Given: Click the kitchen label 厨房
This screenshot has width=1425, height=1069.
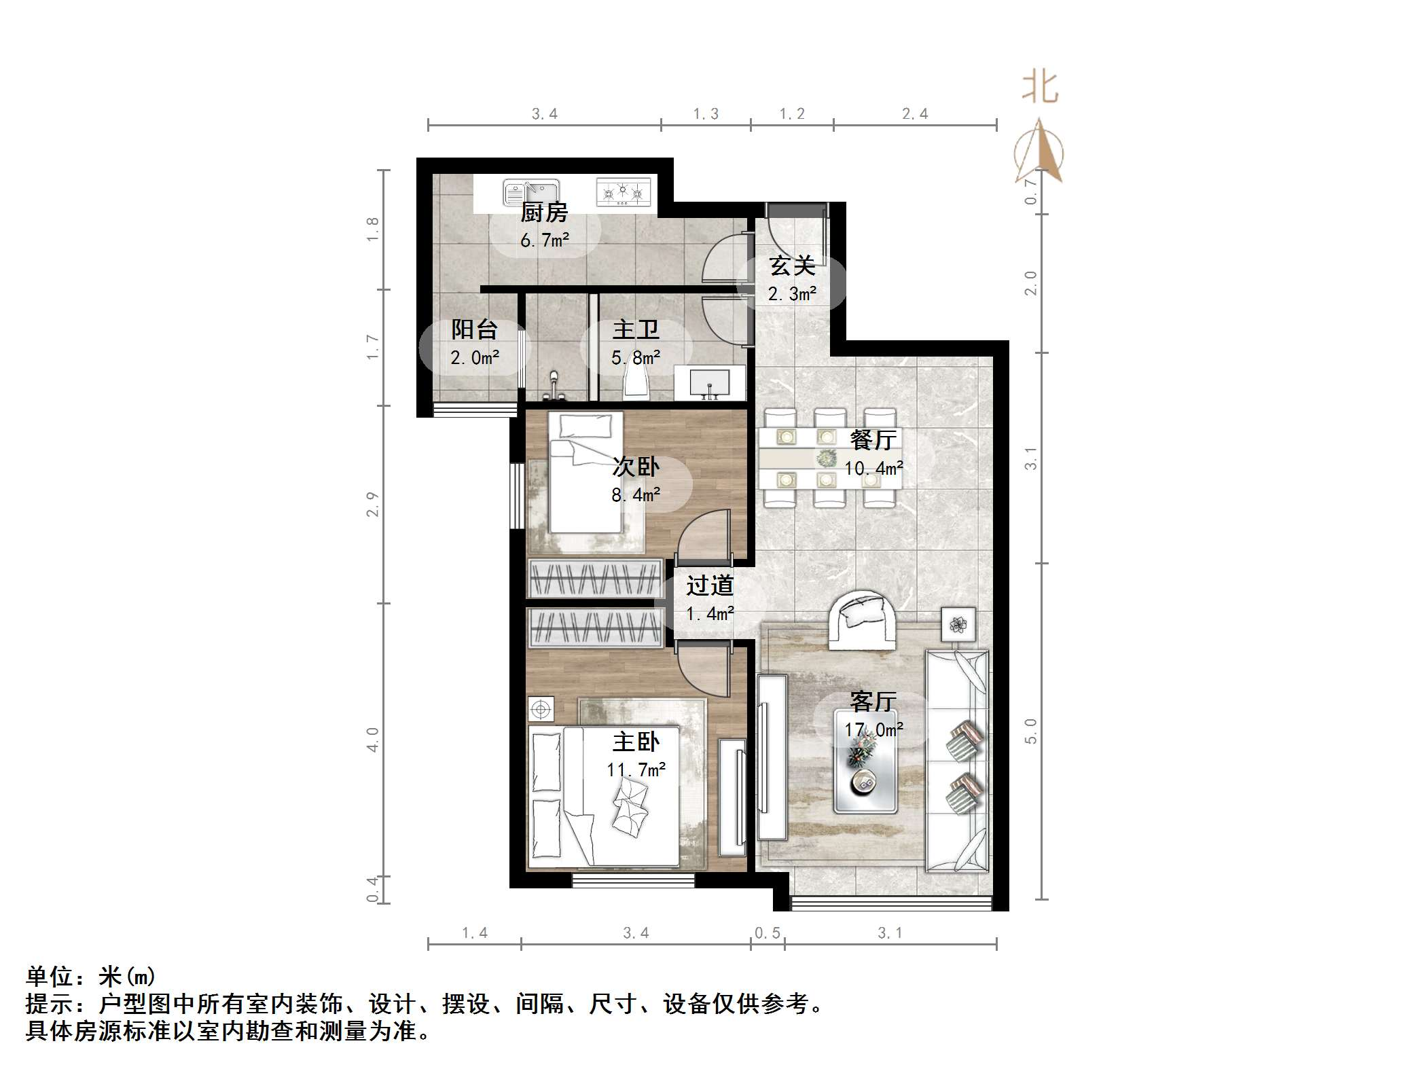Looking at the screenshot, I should [x=544, y=213].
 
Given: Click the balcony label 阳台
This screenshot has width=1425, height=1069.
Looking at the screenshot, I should [x=474, y=330].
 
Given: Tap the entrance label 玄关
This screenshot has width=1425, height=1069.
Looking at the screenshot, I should [x=792, y=266].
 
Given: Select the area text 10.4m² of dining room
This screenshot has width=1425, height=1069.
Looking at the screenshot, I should [x=873, y=469].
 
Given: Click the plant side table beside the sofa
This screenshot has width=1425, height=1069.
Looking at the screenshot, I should [x=958, y=624].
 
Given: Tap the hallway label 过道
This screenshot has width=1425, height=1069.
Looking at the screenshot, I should [x=709, y=585].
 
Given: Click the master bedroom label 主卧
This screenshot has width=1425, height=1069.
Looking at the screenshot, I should [x=636, y=742].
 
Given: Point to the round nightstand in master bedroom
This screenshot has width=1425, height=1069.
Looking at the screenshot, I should [x=541, y=710].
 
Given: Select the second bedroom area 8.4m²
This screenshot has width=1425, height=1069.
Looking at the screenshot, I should [x=636, y=495].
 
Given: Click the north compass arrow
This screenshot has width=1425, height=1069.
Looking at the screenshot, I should [x=1039, y=153].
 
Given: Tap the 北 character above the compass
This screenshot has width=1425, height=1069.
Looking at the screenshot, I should [x=1040, y=88].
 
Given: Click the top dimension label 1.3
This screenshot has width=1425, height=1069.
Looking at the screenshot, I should [x=706, y=114].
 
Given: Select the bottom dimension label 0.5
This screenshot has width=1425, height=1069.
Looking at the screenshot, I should [x=768, y=933].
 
